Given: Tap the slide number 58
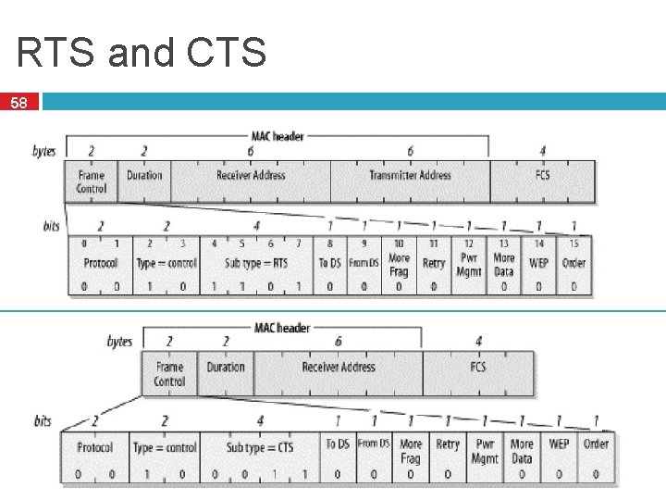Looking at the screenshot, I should click(18, 104).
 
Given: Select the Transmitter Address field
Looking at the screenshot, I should click(410, 175).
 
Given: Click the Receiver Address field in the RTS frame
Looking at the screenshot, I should click(251, 175).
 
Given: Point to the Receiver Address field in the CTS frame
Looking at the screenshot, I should click(338, 368).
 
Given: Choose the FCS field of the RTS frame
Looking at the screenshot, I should click(542, 175).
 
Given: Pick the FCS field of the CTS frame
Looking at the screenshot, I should click(477, 368).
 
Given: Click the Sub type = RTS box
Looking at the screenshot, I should click(256, 263).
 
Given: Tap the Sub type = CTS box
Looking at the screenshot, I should click(260, 447).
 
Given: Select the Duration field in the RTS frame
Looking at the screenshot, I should click(144, 175).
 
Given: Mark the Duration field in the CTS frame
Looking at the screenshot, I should click(226, 368).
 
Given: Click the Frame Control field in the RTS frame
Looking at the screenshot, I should click(92, 181).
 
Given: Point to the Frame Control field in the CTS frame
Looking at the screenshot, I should click(169, 374).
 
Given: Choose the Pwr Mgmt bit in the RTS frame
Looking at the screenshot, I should click(469, 264).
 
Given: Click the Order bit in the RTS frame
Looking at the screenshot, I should click(573, 263).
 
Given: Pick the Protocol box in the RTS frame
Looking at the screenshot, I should click(100, 263).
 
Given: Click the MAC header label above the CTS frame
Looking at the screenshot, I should click(282, 328).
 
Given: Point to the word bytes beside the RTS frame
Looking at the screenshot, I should click(43, 151).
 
